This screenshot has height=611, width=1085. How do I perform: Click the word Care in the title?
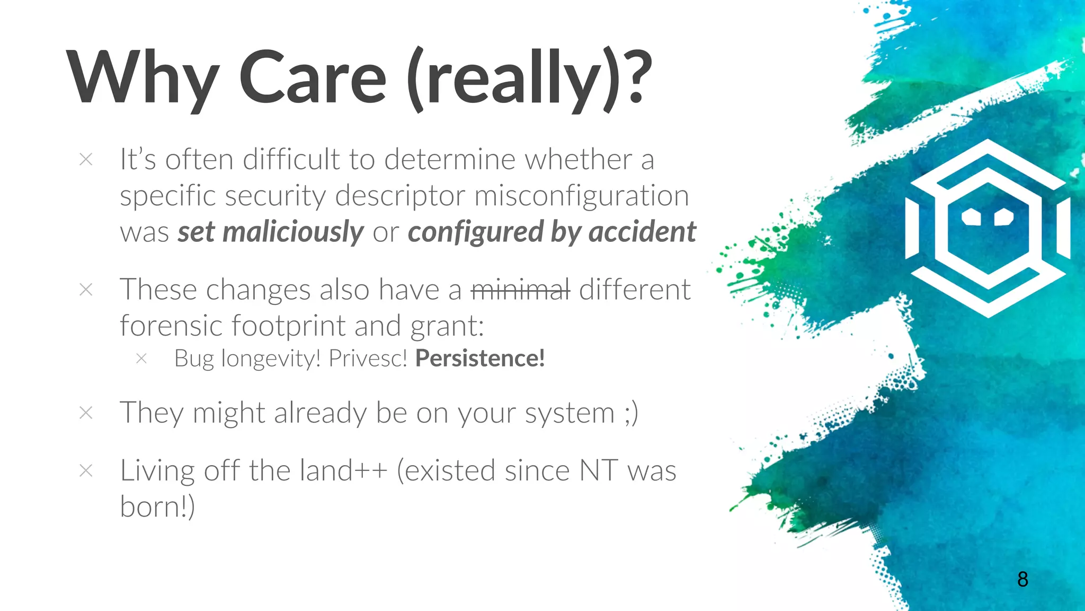coord(313,78)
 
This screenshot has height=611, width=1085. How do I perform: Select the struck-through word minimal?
coord(520,290)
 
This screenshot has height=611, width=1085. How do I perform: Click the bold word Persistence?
coord(480,359)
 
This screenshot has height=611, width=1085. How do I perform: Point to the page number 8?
coord(1022,579)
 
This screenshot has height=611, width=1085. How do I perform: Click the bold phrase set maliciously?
coord(270,232)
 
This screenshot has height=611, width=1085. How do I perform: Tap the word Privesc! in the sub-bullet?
coord(368,359)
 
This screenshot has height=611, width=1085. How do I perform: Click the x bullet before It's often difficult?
coord(86,159)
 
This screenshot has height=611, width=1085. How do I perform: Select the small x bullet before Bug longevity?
coord(141,359)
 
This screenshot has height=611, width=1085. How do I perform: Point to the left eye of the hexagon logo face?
coord(971,216)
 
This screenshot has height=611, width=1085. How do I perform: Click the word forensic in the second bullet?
coord(171,326)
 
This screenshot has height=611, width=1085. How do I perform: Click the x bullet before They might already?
coord(86,413)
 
